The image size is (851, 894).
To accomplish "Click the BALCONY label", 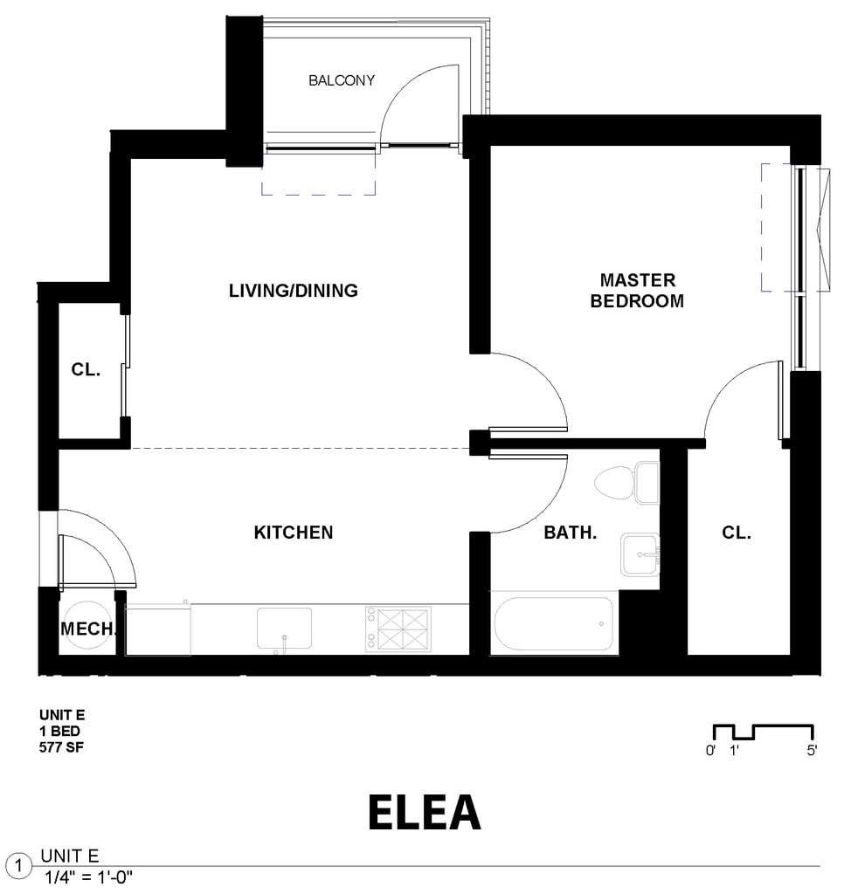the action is (342, 80).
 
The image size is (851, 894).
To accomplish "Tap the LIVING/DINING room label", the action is (294, 291).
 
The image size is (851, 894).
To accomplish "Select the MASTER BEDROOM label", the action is (637, 290).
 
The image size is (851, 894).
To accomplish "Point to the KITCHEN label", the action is (294, 533).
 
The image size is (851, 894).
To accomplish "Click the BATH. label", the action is (571, 533).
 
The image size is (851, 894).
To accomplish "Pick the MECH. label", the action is (88, 629).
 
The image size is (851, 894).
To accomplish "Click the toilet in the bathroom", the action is (626, 483).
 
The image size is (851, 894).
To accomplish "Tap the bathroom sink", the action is (640, 554).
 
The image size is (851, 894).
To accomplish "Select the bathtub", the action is (553, 623).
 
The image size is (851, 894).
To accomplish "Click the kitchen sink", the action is (284, 629).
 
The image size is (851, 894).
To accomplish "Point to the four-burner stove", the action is (398, 629).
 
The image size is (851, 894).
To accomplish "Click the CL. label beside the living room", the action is (86, 369).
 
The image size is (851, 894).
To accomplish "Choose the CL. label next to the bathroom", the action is (737, 533).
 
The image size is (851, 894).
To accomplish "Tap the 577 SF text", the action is (61, 747).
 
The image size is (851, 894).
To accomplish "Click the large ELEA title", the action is (425, 812).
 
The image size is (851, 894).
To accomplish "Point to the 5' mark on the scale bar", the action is (812, 750).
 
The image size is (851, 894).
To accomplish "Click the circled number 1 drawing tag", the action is (19, 867).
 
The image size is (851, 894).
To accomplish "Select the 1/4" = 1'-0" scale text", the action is (88, 877).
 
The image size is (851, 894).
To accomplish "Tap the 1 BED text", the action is (59, 731).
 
